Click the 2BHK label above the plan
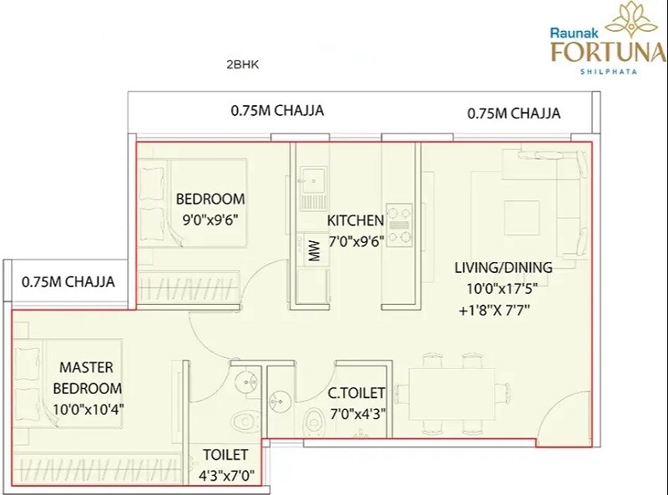243,64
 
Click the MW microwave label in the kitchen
315,251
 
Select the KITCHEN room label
355,221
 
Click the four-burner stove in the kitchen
398,225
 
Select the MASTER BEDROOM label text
87,377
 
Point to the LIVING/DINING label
503,268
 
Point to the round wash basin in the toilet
245,382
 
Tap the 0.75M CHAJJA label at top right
514,114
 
